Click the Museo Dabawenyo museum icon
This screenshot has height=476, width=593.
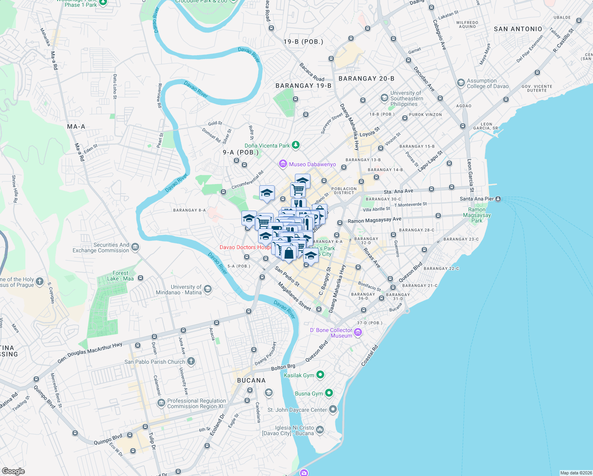283,164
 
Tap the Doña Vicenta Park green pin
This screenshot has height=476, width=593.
296,145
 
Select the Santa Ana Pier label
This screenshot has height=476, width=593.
477,199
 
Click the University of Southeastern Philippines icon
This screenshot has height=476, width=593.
384,98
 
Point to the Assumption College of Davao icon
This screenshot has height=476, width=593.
461,83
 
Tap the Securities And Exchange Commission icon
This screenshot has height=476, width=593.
135,248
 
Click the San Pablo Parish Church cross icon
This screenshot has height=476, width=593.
191,361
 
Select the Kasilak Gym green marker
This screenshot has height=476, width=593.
320,375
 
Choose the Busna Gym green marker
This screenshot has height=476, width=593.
329,393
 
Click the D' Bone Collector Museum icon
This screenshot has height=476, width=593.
358,332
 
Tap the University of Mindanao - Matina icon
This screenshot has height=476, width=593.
208,289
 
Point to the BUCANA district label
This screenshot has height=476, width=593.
251,380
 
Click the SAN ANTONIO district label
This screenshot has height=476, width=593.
518,29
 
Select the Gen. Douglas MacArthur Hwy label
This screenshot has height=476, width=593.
90,353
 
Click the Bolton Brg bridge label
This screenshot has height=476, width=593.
283,368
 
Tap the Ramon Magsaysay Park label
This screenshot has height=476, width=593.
477,215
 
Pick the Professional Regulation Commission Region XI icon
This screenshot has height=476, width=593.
161,403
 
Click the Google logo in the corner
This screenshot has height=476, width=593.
13,471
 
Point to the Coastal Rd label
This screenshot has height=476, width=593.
369,356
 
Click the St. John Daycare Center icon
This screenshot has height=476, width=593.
333,409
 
